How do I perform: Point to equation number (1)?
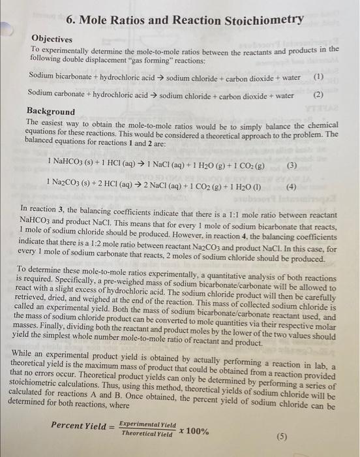point(318,77)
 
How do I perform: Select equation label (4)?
point(291,186)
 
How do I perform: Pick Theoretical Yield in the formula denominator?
point(148,433)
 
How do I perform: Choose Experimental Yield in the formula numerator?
point(149,423)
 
